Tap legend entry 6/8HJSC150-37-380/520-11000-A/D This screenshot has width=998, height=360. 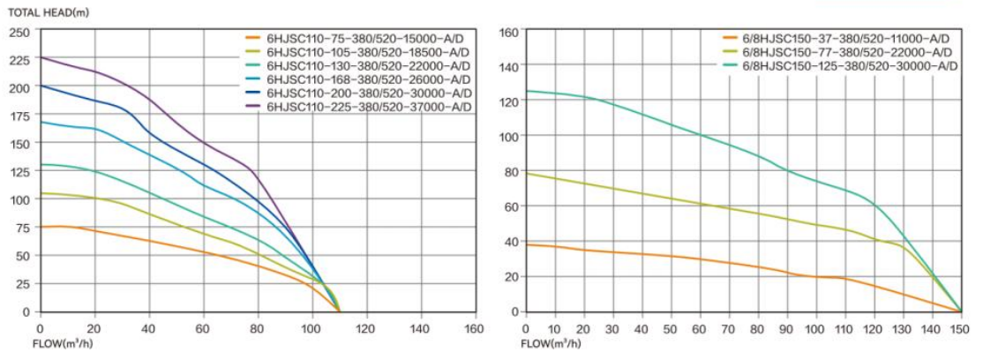click(x=846, y=39)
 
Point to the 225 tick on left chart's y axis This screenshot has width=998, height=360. click(x=19, y=60)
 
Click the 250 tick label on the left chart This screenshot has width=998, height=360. click(x=19, y=32)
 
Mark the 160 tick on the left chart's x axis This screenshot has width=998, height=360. click(x=474, y=328)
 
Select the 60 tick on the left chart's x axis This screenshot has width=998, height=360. click(x=204, y=328)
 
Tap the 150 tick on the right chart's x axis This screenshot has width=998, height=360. click(x=960, y=328)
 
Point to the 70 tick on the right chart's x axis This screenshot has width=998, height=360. click(x=729, y=328)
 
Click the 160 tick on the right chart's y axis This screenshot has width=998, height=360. click(x=509, y=32)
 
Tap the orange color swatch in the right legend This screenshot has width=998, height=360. click(x=729, y=39)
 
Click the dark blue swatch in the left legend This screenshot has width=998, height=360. click(x=252, y=93)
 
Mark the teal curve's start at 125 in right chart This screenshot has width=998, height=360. click(x=527, y=91)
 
